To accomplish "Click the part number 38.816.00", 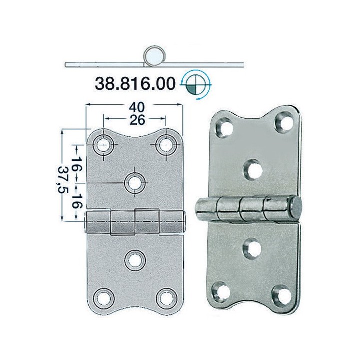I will click(134, 83).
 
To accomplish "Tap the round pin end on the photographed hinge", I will click(295, 205).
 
